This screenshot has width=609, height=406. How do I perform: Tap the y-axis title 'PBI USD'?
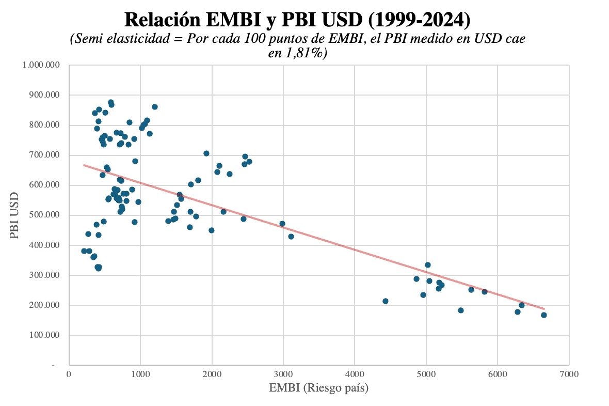[x=14, y=215]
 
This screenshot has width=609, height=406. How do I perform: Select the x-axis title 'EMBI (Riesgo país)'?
[x=318, y=388]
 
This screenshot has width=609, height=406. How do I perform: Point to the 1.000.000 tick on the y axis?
[x=41, y=65]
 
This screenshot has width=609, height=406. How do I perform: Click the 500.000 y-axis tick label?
[x=44, y=215]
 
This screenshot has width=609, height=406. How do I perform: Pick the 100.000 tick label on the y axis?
[x=44, y=335]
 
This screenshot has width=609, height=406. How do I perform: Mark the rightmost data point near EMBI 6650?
[x=543, y=315]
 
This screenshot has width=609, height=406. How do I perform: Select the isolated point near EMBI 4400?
[x=385, y=301]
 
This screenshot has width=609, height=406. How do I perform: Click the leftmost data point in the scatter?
[x=84, y=251]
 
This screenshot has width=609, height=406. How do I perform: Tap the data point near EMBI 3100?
[x=291, y=237]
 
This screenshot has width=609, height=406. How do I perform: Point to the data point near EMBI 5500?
[x=461, y=310]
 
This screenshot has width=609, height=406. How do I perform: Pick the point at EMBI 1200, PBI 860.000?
[x=155, y=107]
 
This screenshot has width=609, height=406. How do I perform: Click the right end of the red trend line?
[x=543, y=309]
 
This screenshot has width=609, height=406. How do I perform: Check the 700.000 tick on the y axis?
[x=44, y=155]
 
